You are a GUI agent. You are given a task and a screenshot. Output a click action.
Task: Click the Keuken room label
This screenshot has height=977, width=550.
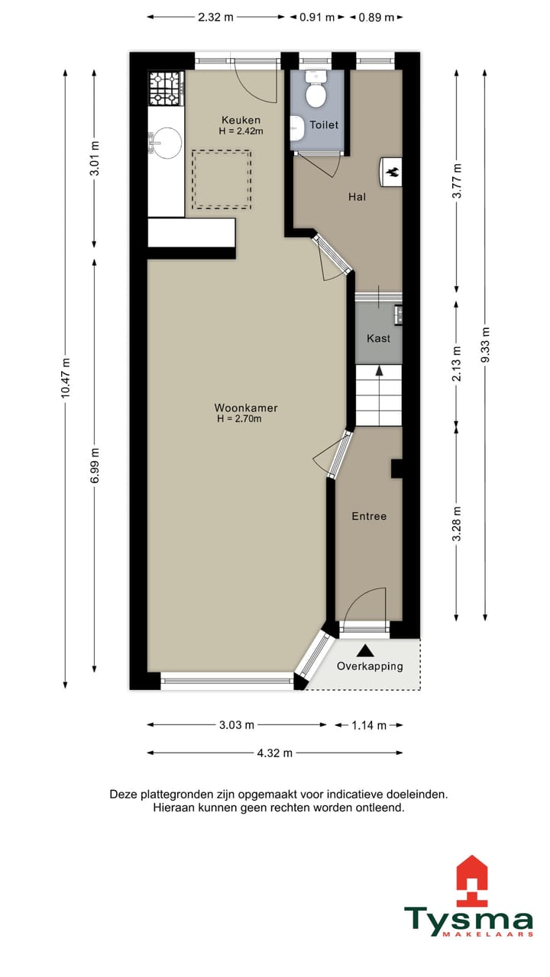(x=241, y=120)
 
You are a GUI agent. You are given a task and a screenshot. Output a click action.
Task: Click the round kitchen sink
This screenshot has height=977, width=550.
(x=166, y=142)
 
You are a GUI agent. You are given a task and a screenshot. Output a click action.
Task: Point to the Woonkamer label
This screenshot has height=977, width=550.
(x=246, y=408)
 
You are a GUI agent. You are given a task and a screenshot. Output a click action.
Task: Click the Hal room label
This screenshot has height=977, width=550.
(x=357, y=197)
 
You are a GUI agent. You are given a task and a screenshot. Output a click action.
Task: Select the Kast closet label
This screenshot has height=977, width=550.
(x=379, y=338)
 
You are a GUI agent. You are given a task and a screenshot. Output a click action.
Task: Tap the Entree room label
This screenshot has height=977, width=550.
(x=369, y=517)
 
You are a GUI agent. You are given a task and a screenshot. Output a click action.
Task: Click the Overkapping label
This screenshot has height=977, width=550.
(x=370, y=666)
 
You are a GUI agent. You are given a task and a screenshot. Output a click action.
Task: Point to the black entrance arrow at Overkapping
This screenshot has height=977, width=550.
(x=366, y=650)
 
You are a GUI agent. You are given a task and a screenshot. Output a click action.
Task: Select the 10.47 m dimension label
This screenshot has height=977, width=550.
(x=66, y=378)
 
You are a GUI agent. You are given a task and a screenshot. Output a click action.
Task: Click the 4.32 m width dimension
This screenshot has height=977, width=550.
(x=275, y=753)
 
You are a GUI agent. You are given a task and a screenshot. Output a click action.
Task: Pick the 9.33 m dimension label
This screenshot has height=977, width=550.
(x=486, y=346)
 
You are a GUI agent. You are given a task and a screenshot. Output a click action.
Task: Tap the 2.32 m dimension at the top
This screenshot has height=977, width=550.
(x=215, y=17)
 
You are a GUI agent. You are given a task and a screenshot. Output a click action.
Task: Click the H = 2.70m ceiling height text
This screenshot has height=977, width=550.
(x=240, y=419)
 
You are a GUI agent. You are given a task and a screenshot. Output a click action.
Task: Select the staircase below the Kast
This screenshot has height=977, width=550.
(x=378, y=395)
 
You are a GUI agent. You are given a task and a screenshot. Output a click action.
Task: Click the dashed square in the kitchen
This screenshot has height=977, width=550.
(x=221, y=179)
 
